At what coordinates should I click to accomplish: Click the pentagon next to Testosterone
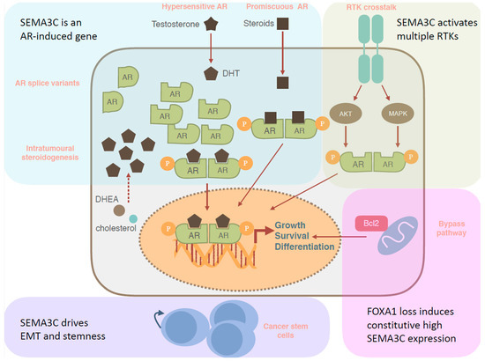click(211, 22)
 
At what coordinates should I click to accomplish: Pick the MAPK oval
click(397, 114)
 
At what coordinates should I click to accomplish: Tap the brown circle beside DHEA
click(118, 210)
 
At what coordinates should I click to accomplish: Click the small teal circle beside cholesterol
click(133, 218)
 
